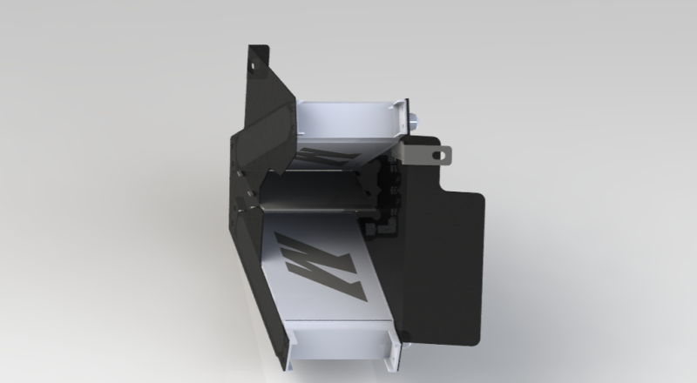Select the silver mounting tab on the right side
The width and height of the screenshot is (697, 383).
pos(433,153)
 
